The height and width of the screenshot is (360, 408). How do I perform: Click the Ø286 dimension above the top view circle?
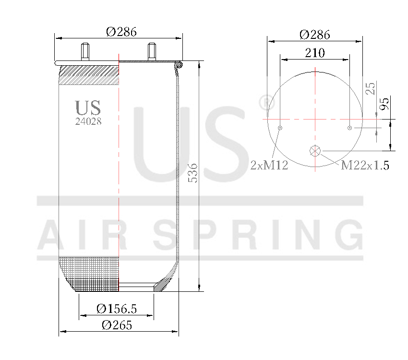click(x=314, y=35)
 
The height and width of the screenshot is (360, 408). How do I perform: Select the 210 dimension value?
click(x=314, y=53)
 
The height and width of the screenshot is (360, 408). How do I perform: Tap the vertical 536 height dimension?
click(x=192, y=173)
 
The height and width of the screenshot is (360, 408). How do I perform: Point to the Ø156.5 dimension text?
click(x=117, y=309)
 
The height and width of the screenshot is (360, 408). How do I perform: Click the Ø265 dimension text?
click(x=117, y=325)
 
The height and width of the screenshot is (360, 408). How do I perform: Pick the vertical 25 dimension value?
click(x=370, y=88)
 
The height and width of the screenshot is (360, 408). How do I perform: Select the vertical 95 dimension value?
click(x=384, y=104)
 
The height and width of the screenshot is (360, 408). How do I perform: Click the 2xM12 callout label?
click(x=269, y=166)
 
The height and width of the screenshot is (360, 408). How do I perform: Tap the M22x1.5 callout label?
click(x=365, y=166)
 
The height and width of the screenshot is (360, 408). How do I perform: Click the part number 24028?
click(x=88, y=121)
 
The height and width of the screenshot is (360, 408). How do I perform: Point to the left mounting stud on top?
click(x=85, y=51)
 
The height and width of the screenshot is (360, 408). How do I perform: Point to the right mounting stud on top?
click(x=152, y=51)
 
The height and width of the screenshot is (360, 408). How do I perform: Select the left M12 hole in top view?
click(x=280, y=128)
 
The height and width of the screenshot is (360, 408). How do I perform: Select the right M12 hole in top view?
click(x=350, y=128)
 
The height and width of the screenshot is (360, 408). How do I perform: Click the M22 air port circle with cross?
click(x=315, y=151)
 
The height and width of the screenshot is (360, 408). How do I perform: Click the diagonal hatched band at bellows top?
click(x=89, y=75)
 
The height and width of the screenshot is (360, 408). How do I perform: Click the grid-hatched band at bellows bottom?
click(x=89, y=274)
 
